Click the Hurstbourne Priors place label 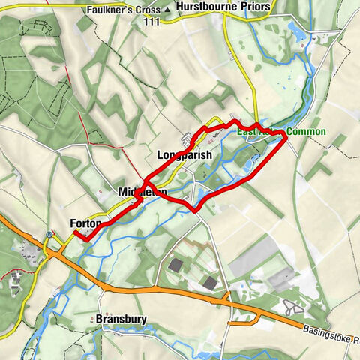click(x=223, y=7)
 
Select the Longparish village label click(x=185, y=155)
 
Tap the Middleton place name click(x=142, y=193)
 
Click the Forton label click(x=85, y=223)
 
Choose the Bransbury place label click(x=121, y=319)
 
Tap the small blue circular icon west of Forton click(x=49, y=234)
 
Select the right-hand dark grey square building click(x=211, y=282)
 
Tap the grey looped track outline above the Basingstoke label click(x=292, y=307)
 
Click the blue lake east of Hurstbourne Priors click(x=294, y=30)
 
